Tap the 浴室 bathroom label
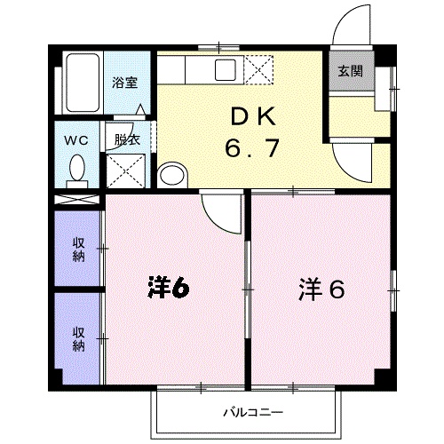pos(123,83)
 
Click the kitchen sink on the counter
pos(225,69)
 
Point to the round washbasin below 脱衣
pos(170,174)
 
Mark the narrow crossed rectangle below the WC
pos(78,200)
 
